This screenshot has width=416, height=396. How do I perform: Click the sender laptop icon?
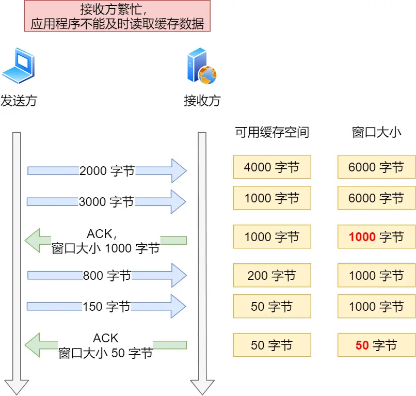click(x=18, y=66)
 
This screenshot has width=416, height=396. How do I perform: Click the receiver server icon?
click(x=201, y=66)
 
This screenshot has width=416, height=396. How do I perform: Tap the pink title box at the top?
click(x=117, y=16)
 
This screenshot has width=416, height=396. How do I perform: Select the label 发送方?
click(x=19, y=101)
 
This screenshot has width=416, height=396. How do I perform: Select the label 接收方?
click(x=202, y=101)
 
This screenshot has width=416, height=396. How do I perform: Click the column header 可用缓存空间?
click(x=271, y=133)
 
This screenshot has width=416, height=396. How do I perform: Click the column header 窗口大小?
click(x=376, y=133)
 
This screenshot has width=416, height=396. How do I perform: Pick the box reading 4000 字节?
click(x=271, y=167)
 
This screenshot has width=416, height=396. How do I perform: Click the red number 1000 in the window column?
click(x=362, y=237)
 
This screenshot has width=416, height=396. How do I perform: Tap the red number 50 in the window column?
click(x=362, y=345)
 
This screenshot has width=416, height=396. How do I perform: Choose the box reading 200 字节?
click(x=271, y=276)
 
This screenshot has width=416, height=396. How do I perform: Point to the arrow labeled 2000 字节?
click(x=106, y=171)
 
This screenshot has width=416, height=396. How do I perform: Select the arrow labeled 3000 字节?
click(x=106, y=202)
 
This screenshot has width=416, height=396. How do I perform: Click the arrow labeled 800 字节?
click(x=106, y=276)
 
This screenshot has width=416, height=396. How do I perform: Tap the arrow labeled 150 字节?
click(x=106, y=307)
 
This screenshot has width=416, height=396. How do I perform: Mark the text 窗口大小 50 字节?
click(x=106, y=354)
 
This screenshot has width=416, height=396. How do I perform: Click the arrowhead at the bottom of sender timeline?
click(x=17, y=386)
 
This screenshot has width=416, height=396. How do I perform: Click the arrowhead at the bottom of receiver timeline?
click(x=202, y=386)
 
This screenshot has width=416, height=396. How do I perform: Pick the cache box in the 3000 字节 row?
click(x=271, y=198)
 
